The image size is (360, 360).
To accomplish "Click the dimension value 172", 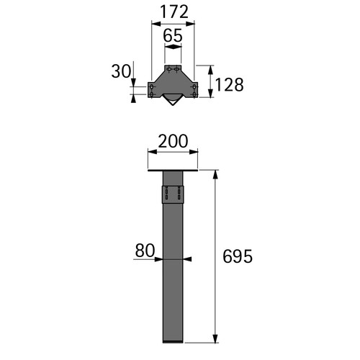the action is coord(174,12).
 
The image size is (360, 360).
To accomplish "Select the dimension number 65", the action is coord(173,35).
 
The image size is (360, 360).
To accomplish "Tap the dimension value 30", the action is coord(121,71).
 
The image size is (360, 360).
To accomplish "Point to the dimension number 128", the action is coord(229,85).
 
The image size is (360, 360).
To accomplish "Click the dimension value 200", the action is coord(173,141).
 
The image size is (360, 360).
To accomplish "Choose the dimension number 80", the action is coord(145,251).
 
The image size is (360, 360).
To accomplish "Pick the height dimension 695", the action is coord(238,256).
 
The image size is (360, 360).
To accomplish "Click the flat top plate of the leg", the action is coord(173,170).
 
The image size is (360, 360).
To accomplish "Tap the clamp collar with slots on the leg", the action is coord(173,194).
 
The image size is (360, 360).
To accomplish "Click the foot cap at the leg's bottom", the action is coord(173,341).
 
